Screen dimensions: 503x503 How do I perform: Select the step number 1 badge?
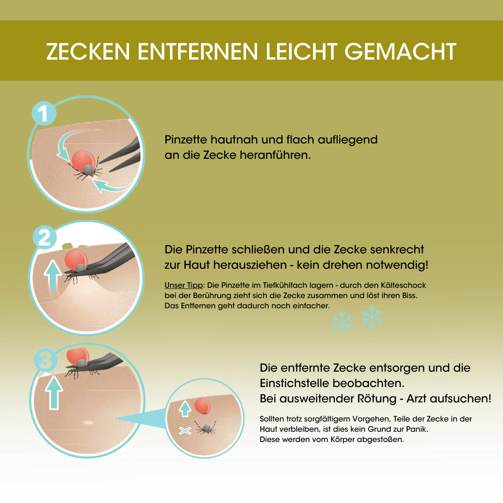pos(44,114)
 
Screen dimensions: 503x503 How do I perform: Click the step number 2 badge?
pos(44,238)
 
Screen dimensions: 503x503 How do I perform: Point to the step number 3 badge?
pos(45,361)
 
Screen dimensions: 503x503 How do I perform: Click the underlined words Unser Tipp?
pos(184,285)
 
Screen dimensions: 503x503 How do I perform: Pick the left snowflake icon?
pos(341,323)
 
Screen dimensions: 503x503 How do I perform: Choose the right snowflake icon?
pos(371,316)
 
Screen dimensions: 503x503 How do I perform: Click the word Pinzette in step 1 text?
pos(186,140)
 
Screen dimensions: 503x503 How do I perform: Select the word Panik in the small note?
pos(415,429)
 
